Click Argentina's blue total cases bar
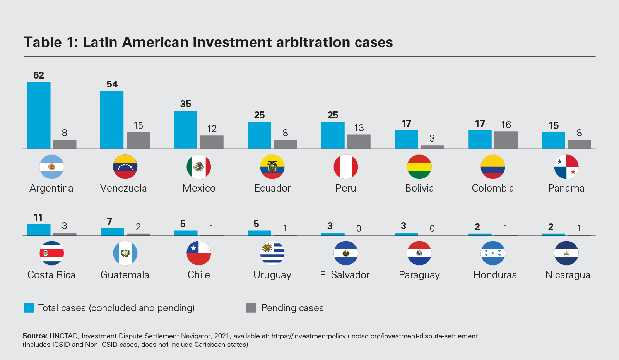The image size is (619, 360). tap(39, 115)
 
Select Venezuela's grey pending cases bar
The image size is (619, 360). tap(138, 140)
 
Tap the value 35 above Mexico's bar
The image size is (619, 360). tap(186, 104)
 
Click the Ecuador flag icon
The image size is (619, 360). tap(272, 167)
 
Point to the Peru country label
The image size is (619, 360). tap(345, 188)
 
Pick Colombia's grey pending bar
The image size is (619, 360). tap(506, 140)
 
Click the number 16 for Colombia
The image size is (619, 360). tap(506, 125)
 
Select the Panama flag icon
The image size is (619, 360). tap(566, 167)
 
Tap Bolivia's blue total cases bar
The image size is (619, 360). tap(406, 139)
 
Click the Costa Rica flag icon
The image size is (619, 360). tap(52, 253)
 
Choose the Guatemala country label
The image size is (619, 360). tap(125, 275)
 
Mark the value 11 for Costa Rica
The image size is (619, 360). tap(38, 217)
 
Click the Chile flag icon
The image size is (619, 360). tap(199, 253)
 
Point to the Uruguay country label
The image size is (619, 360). tap(272, 275)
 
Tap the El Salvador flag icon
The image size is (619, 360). tap(346, 253)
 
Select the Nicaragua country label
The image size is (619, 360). tap(568, 275)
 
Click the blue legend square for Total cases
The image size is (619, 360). tap(29, 308)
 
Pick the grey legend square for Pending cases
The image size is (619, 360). tap(251, 308)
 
